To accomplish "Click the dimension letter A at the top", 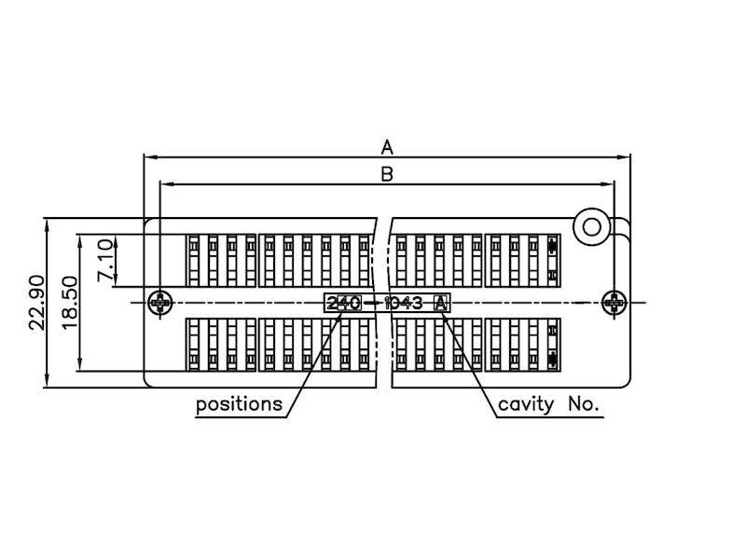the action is (x=387, y=147).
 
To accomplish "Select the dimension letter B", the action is (x=387, y=174).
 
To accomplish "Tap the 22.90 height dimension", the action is (x=37, y=303).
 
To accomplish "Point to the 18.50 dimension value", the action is (x=69, y=303).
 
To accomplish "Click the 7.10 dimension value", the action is (x=105, y=260).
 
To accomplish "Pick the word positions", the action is (x=240, y=404).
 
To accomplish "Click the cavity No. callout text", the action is (x=548, y=404).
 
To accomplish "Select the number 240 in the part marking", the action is (x=344, y=303).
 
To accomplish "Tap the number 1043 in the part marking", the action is (x=403, y=303).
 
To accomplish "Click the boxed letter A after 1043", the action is (x=441, y=303).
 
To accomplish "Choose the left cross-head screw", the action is (x=160, y=302).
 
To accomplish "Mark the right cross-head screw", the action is (x=615, y=302).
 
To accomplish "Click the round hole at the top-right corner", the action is (x=591, y=226).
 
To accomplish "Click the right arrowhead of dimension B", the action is (x=608, y=184).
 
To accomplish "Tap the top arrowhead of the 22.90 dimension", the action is (x=47, y=225).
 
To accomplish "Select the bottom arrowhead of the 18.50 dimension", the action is (x=80, y=364).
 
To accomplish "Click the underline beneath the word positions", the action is (x=242, y=417).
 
